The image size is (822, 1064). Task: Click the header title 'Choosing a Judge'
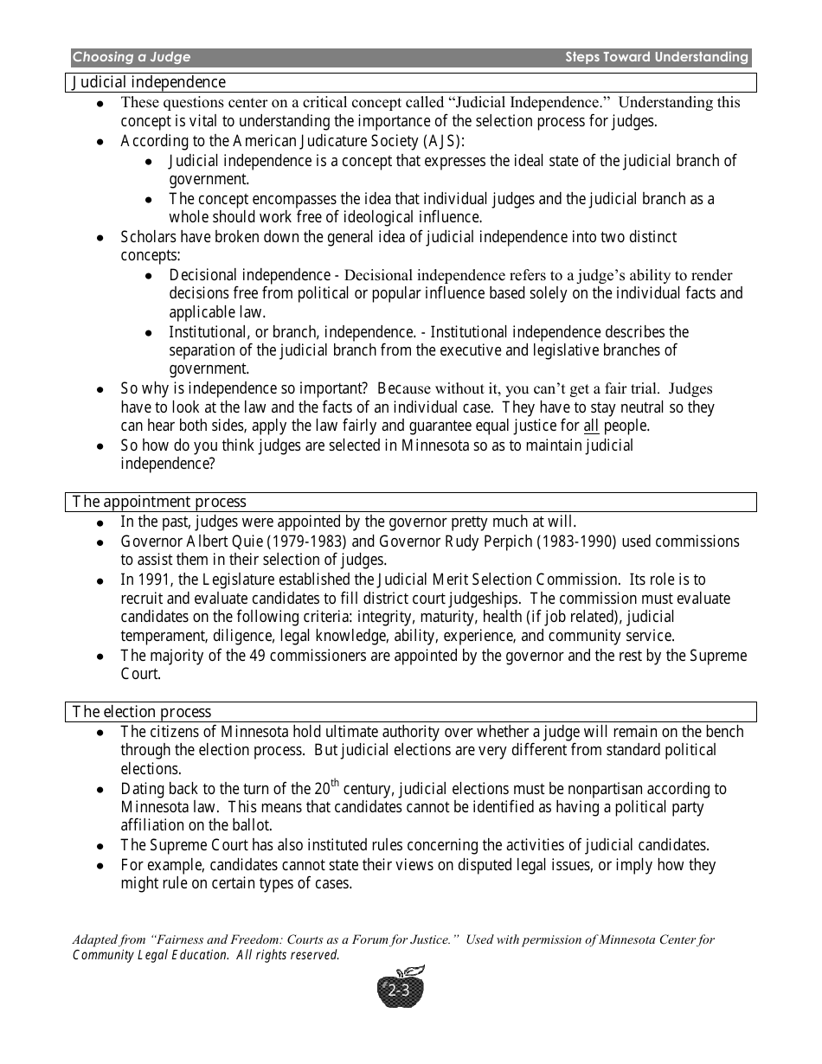(132, 58)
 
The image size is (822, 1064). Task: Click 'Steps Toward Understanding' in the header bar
(656, 58)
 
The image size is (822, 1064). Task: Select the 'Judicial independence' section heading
(149, 82)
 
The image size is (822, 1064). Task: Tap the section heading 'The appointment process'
(159, 502)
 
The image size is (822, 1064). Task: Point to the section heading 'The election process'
(142, 712)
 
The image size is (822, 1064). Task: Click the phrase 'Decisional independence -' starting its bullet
(255, 275)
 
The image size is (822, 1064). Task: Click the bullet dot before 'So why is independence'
(101, 390)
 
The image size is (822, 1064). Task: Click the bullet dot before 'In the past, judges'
(101, 522)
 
